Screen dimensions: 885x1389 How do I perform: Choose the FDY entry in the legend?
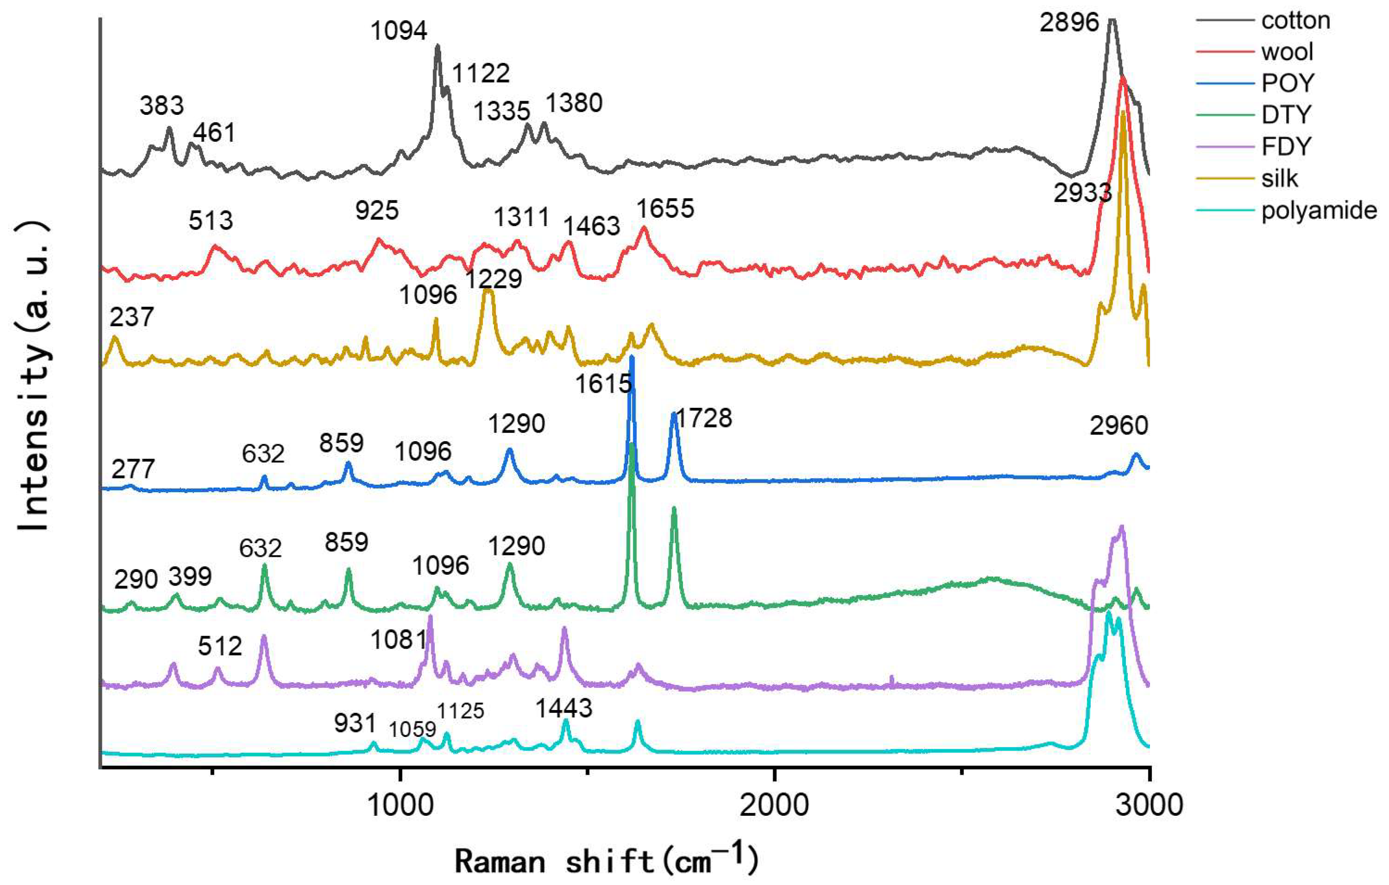pos(1286,147)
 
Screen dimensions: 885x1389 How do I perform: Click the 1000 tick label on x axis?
pos(400,804)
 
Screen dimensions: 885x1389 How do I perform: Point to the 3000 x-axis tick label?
pos(1149,804)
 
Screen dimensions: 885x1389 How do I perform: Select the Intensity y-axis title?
pos(33,375)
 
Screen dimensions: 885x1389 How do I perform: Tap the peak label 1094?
pos(399,31)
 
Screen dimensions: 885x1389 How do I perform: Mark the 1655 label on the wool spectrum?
pos(665,208)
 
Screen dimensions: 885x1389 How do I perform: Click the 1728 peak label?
pos(703,418)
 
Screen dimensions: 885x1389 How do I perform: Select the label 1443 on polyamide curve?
pos(564,708)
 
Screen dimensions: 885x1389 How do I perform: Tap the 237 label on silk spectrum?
pos(132,317)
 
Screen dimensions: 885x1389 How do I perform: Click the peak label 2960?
pos(1119,426)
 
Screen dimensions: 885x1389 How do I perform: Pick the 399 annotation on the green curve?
pos(190,576)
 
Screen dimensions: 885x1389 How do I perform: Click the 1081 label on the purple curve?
pos(398,640)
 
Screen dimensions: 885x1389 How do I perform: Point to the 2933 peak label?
pos(1082,193)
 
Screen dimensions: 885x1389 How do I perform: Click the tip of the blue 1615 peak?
pos(631,357)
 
